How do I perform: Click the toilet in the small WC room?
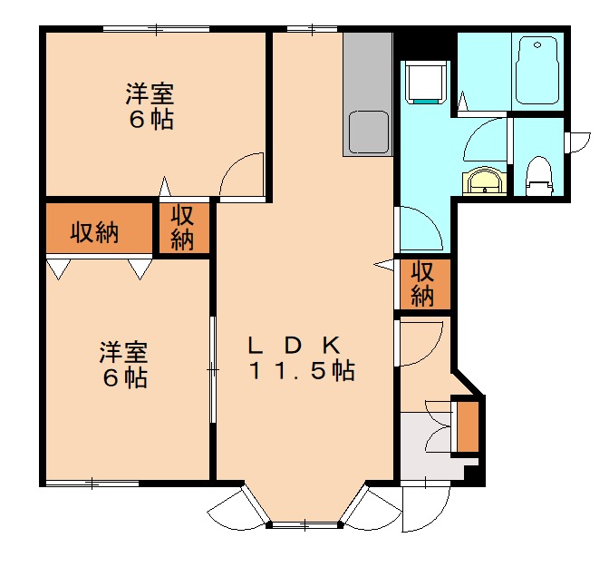tap(539, 175)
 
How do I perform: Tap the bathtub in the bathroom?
tap(539, 71)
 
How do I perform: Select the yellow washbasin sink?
tap(482, 181)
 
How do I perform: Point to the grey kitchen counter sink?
tap(367, 132)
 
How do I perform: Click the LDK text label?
tap(294, 345)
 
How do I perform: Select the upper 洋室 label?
tap(150, 93)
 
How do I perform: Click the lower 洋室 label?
tap(124, 350)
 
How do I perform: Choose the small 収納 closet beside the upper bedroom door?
tap(183, 227)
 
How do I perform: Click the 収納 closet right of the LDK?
tap(422, 283)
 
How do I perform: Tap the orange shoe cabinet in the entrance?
tap(467, 425)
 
